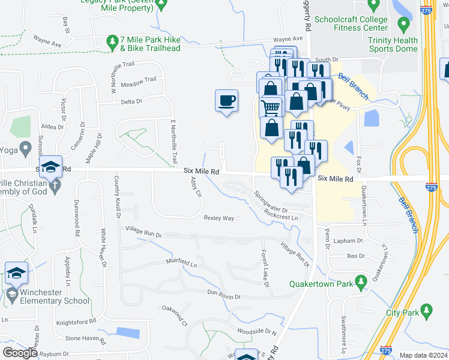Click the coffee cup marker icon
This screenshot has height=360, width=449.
pyautogui.click(x=226, y=101)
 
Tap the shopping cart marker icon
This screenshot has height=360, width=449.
pyautogui.click(x=271, y=107)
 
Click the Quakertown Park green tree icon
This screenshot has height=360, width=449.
pyautogui.click(x=361, y=281)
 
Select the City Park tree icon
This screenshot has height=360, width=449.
pyautogui.click(x=426, y=310)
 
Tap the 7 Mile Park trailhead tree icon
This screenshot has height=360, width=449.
pyautogui.click(x=111, y=41)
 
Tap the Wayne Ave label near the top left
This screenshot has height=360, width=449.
pyautogui.click(x=47, y=43)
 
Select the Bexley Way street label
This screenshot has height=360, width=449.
pyautogui.click(x=218, y=218)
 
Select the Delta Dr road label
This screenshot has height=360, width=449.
pyautogui.click(x=131, y=101)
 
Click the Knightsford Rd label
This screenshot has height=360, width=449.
pyautogui.click(x=76, y=322)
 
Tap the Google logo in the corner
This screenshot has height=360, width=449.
pyautogui.click(x=20, y=353)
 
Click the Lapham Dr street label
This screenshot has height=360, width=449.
pyautogui.click(x=348, y=241)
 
